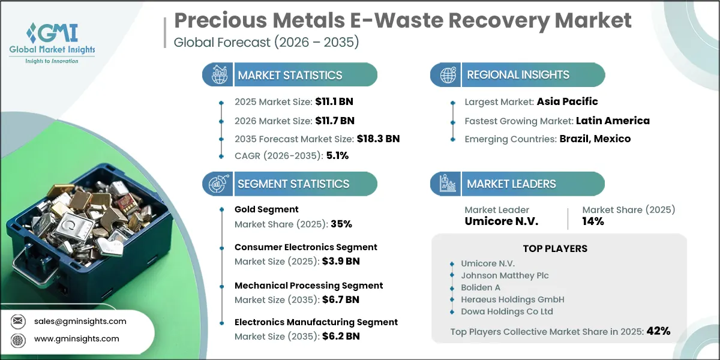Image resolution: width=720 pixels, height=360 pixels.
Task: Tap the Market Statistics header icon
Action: (218, 75)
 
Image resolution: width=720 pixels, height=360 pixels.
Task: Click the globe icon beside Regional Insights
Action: (446, 75)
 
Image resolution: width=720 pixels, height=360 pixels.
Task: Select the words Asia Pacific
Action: (568, 101)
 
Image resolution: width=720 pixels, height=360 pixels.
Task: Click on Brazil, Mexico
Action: (595, 139)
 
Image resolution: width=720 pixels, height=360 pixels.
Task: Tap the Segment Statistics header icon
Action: (218, 184)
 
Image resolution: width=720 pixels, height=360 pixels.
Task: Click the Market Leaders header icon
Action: (446, 184)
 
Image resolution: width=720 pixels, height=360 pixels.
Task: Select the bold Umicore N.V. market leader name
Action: (502, 221)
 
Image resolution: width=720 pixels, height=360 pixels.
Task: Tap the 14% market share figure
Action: (593, 221)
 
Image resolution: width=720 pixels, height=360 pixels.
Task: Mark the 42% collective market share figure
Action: (658, 331)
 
